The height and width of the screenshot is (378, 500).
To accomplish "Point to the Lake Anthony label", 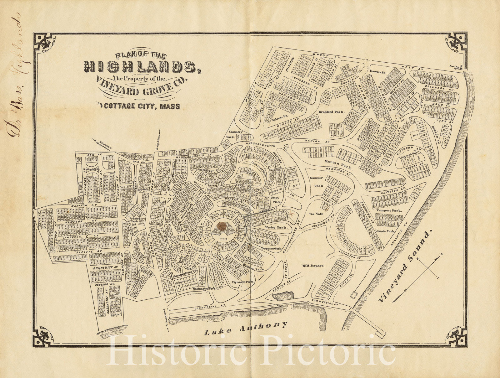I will (x=246, y=328).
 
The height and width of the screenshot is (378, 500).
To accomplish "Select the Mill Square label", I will (x=312, y=266).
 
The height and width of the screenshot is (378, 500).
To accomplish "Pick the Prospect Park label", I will (x=389, y=211).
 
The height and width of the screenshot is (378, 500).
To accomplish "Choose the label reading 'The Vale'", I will (x=316, y=214).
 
